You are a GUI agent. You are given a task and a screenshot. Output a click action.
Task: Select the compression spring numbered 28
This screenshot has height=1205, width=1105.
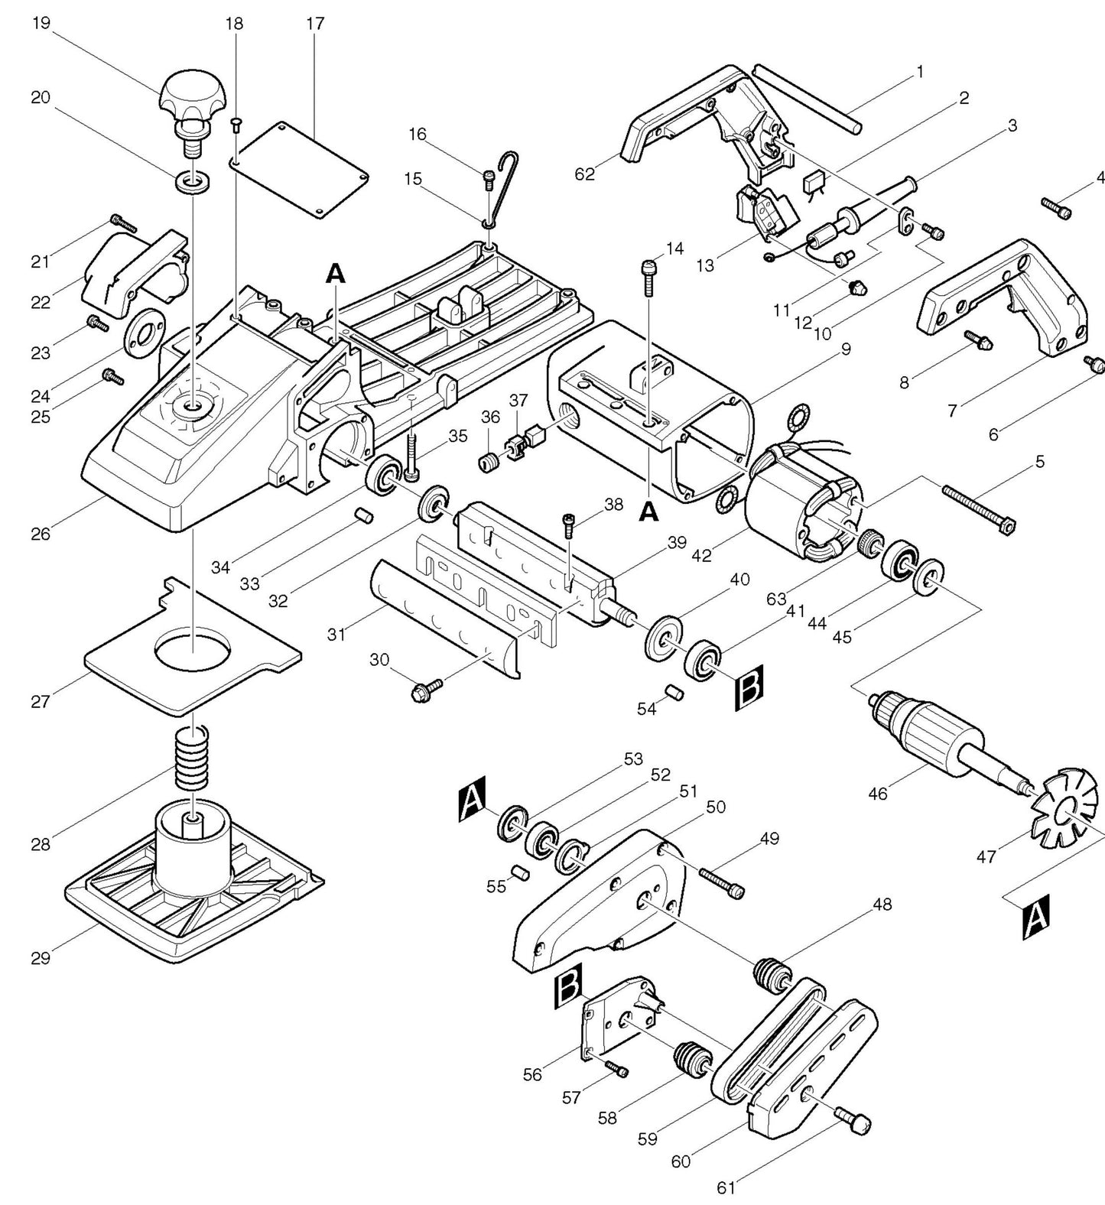(192, 757)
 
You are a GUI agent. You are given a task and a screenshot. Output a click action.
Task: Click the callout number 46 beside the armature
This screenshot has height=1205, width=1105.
(878, 794)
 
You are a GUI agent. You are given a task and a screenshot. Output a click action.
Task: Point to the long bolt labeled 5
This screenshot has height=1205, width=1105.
(979, 508)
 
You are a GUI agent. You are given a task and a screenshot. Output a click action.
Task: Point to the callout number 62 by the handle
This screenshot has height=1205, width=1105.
(584, 175)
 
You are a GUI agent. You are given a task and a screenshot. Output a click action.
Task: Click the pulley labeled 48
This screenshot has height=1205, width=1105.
(772, 976)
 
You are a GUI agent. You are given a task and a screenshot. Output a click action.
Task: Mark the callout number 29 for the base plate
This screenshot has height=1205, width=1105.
(41, 957)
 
